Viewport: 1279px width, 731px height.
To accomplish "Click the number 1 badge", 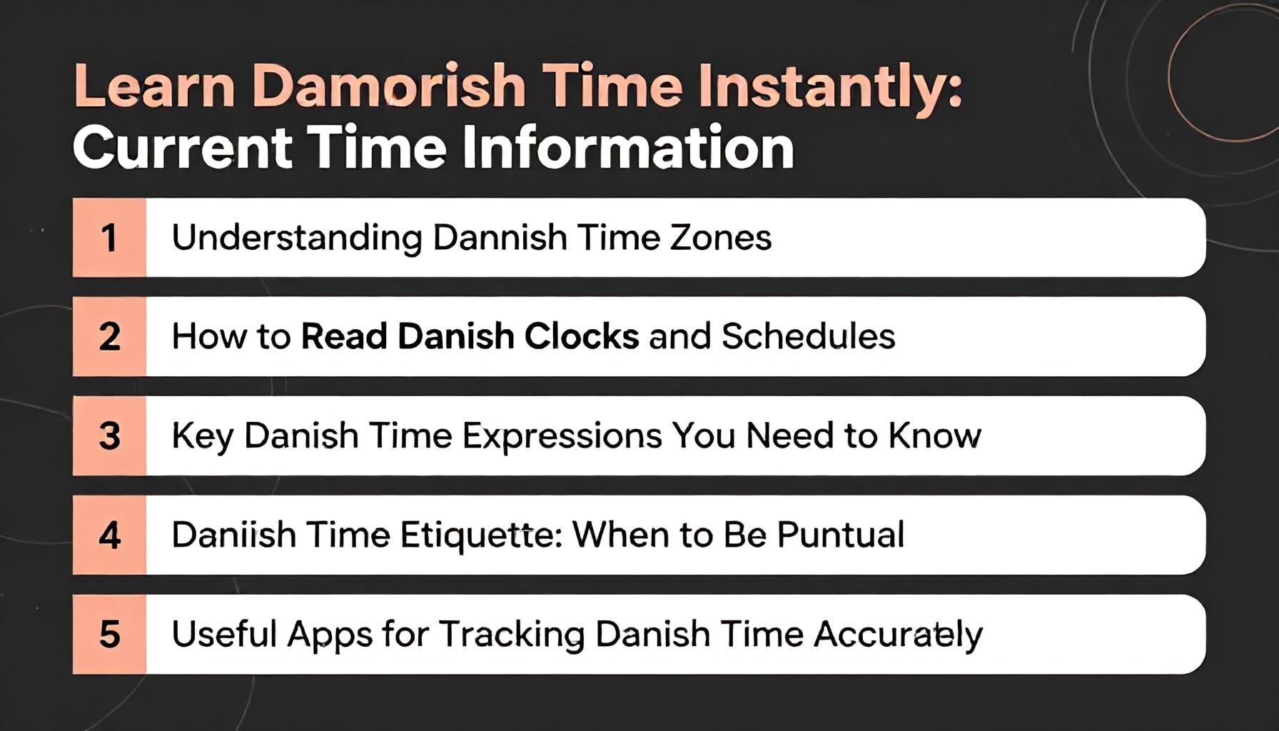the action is (109, 238).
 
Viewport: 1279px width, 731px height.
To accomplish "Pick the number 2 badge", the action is (109, 337).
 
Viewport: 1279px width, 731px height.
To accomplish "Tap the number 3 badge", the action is (109, 436).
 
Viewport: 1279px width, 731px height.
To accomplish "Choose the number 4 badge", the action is (109, 535).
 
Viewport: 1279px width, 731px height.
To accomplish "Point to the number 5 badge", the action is (109, 635).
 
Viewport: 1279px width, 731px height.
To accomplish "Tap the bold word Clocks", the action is (582, 336).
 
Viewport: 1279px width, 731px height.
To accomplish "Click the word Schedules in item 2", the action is (808, 336).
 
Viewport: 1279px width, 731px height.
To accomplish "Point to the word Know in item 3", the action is (934, 435).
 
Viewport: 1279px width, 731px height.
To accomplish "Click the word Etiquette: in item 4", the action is (482, 535).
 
